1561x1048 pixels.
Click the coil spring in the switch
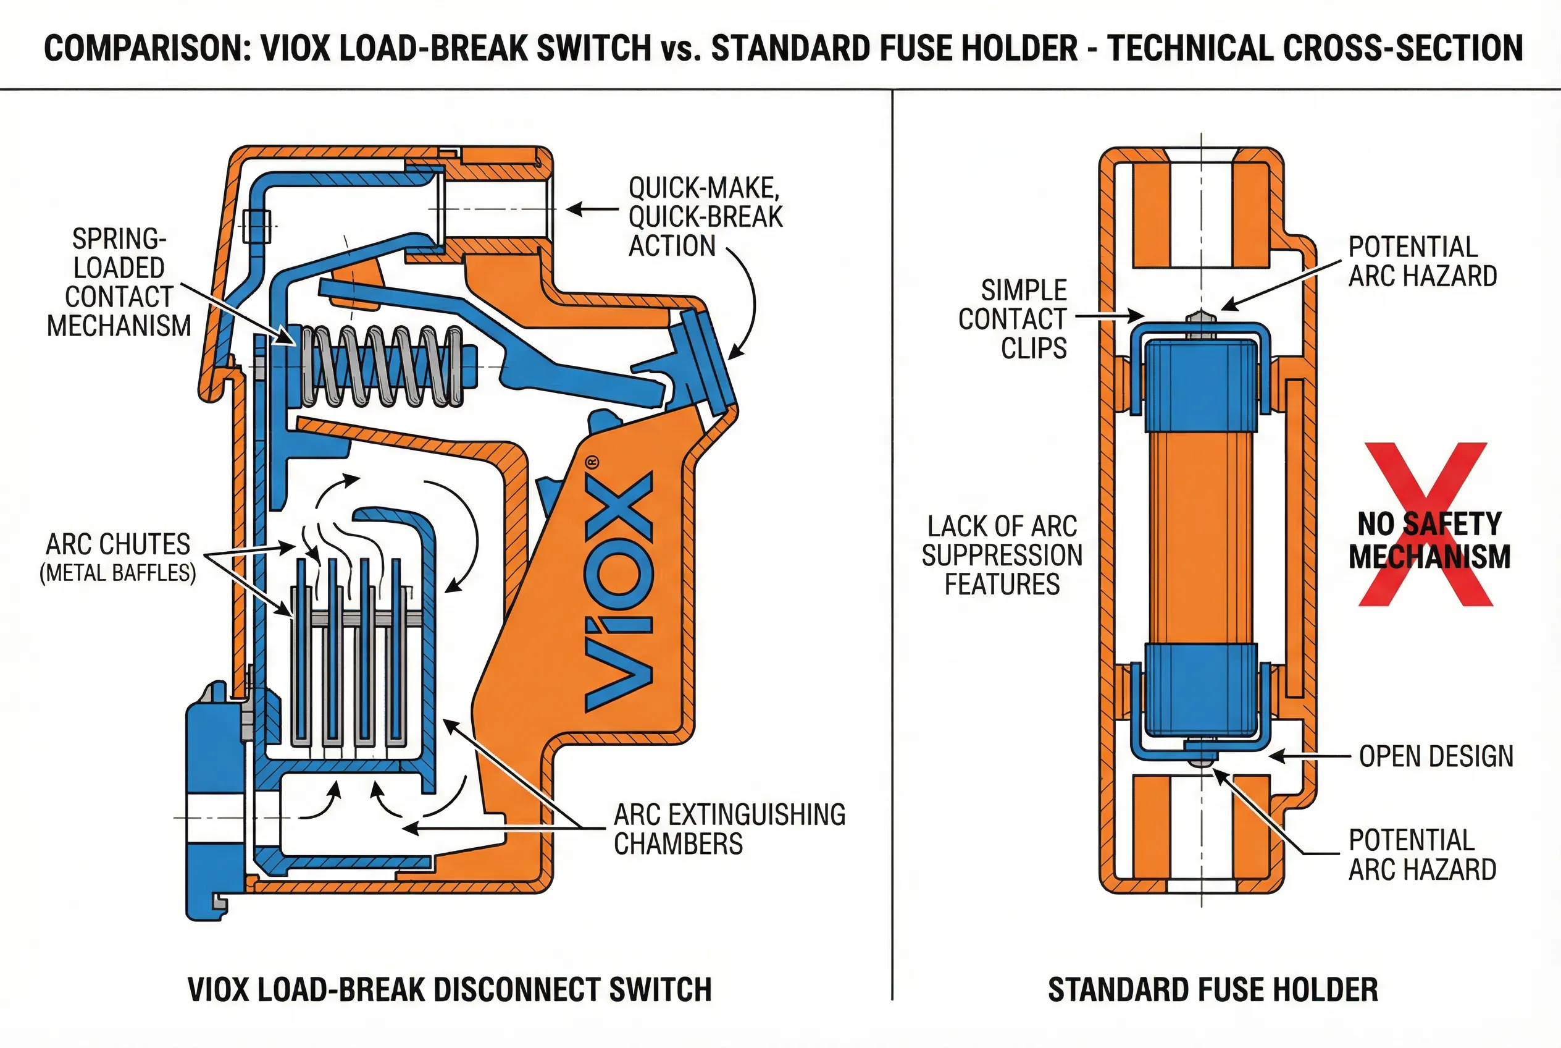coord(382,366)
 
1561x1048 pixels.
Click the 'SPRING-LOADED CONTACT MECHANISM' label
coord(119,283)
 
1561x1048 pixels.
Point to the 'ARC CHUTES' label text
coord(117,544)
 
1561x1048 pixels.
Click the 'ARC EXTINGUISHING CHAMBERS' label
coord(729,829)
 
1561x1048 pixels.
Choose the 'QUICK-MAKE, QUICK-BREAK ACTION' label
coord(705,216)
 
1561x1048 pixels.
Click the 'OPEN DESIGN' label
coord(1436,756)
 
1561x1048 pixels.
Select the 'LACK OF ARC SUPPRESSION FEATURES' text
coord(1002,556)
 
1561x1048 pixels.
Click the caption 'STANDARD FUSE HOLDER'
coord(1212,990)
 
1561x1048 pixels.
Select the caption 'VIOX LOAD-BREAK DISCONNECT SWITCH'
coord(450,990)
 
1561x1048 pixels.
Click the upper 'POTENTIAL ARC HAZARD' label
coord(1422,261)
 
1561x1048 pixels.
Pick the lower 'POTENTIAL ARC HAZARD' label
coord(1422,855)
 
